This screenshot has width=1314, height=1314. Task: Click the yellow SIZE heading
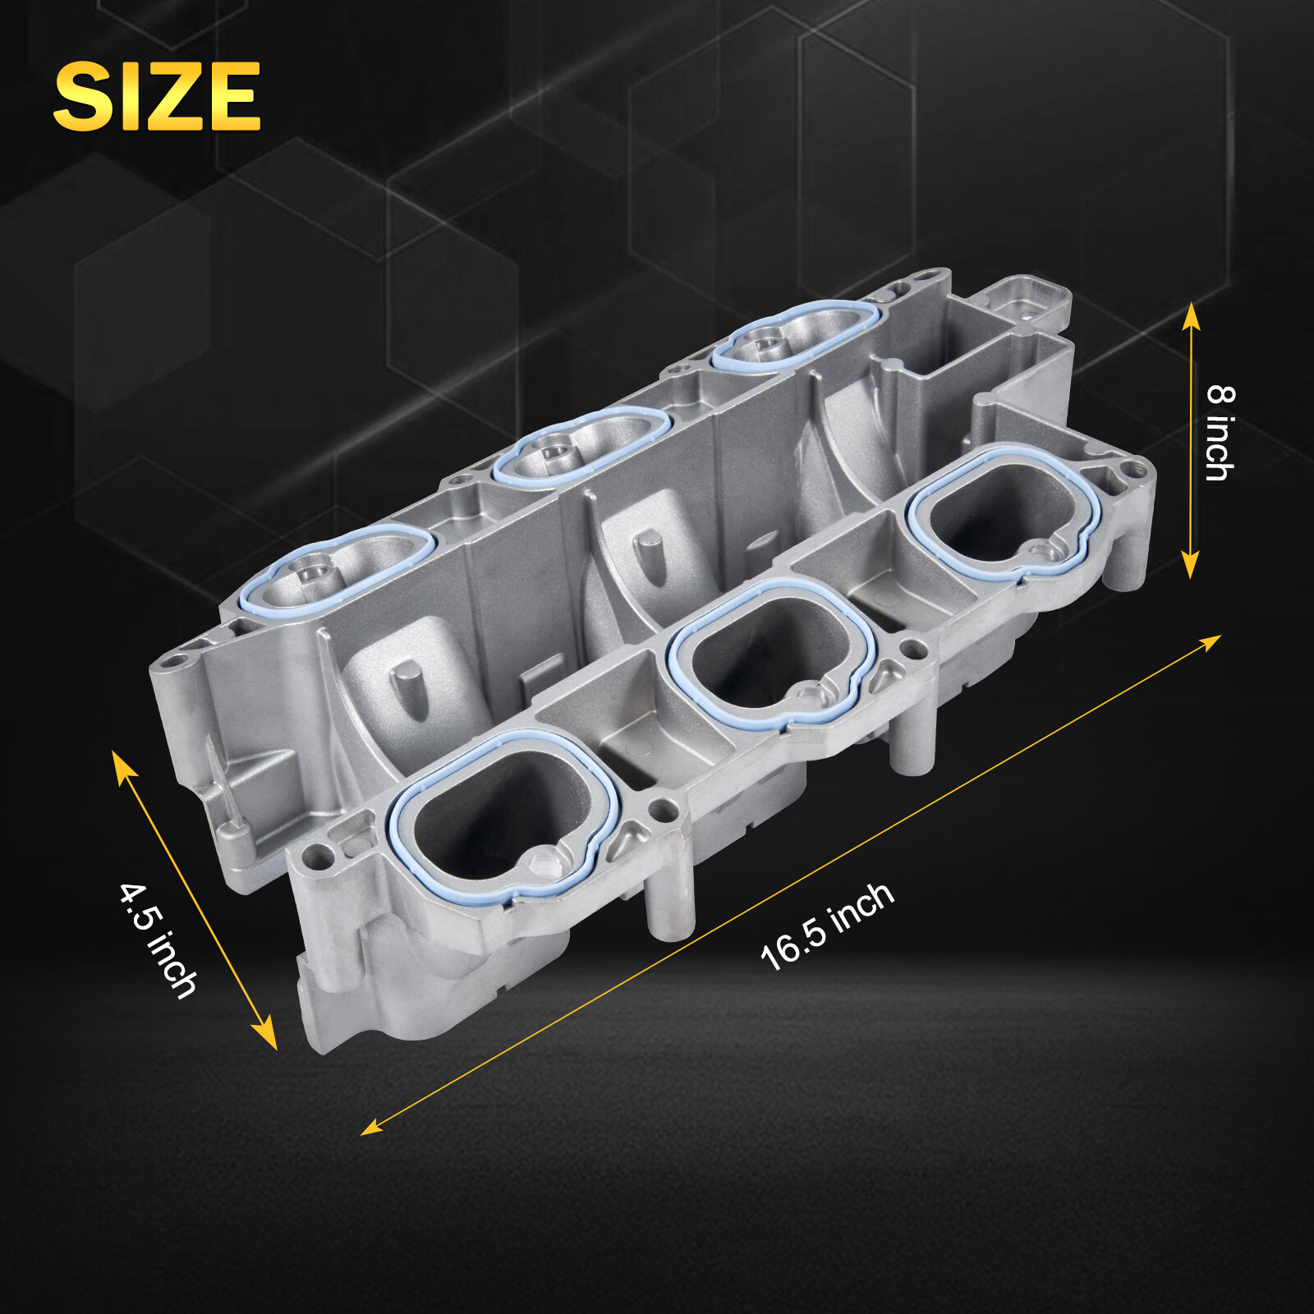(x=156, y=96)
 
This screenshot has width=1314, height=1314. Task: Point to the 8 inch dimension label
(x=1220, y=432)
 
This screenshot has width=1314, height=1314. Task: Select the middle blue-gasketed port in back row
(x=580, y=448)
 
